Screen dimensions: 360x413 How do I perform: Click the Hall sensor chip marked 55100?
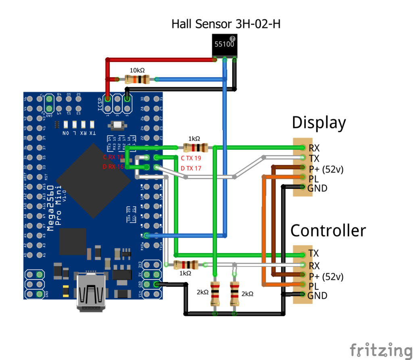224,45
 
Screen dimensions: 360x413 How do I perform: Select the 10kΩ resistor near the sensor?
137,80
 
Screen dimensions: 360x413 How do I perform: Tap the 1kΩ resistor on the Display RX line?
196,148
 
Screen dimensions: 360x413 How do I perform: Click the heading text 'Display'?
319,123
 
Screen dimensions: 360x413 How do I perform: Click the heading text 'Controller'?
328,230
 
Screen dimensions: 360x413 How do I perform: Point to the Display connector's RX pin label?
314,148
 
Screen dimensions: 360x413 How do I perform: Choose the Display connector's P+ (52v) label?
325,169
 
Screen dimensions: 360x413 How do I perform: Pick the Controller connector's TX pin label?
313,253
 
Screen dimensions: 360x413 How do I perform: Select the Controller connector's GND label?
317,295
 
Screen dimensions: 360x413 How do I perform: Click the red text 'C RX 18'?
113,157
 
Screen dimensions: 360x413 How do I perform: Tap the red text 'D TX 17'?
190,168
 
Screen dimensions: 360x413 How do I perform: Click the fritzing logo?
381,350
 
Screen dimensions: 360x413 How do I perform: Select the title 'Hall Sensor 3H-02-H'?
226,24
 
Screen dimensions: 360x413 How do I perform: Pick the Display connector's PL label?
313,179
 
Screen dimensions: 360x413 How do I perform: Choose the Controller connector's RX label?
314,266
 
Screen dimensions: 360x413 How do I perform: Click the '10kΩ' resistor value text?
138,70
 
